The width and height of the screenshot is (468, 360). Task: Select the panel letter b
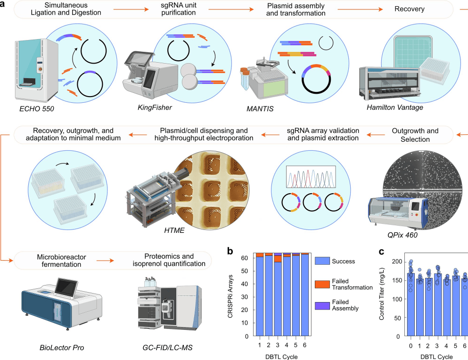[x=230, y=251]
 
